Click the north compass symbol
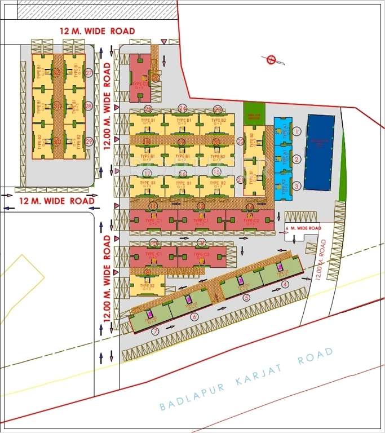(x=270, y=60)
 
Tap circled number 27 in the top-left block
(x=88, y=73)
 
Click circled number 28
(x=88, y=106)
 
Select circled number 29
(x=88, y=141)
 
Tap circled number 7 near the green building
(x=155, y=331)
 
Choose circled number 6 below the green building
(x=194, y=317)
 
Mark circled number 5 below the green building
(x=246, y=298)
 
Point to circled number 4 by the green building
(x=285, y=285)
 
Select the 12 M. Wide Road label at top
(x=97, y=31)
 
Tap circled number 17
(x=147, y=174)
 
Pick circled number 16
(x=182, y=174)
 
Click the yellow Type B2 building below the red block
(x=148, y=285)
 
